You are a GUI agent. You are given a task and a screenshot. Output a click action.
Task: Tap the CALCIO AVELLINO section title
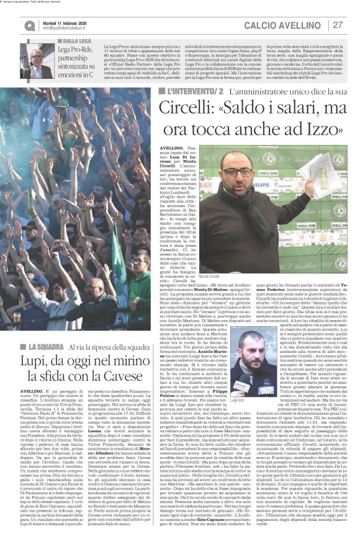coord(286,25)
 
